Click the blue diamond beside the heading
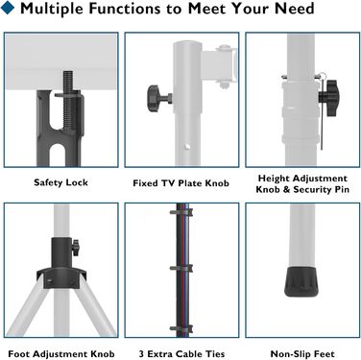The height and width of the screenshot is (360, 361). pyautogui.click(x=7, y=8)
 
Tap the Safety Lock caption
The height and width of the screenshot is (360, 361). pyautogui.click(x=60, y=182)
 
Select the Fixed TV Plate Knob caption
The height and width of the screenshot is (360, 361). pyautogui.click(x=181, y=183)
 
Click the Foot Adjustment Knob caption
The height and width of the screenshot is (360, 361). pyautogui.click(x=61, y=354)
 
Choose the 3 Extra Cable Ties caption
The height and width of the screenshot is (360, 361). pyautogui.click(x=181, y=354)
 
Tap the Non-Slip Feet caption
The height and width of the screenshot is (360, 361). pyautogui.click(x=302, y=354)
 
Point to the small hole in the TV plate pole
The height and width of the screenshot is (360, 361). pyautogui.click(x=187, y=147)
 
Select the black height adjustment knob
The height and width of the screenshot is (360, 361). pyautogui.click(x=329, y=98)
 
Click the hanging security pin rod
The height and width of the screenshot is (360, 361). pyautogui.click(x=322, y=115)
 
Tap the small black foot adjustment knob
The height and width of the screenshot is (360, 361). pyautogui.click(x=76, y=248)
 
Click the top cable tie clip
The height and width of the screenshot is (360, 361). pyautogui.click(x=181, y=212)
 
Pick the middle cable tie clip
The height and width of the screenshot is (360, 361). pyautogui.click(x=181, y=268)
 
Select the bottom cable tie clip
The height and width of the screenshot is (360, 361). pyautogui.click(x=181, y=328)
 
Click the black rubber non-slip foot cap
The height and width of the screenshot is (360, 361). pyautogui.click(x=301, y=281)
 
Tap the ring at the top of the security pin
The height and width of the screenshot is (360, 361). pyautogui.click(x=323, y=77)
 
